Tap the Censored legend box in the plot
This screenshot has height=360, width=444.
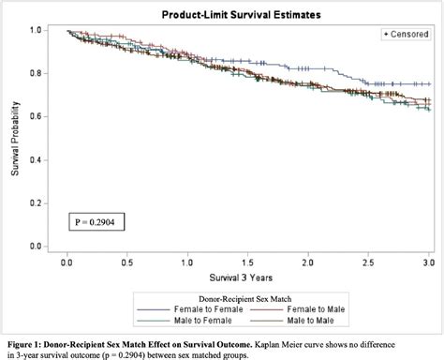pyautogui.click(x=406, y=34)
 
